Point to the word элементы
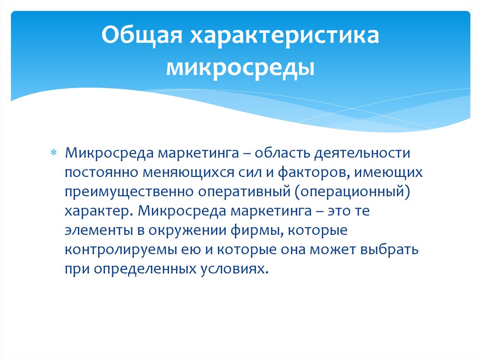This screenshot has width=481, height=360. pyautogui.click(x=93, y=231)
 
